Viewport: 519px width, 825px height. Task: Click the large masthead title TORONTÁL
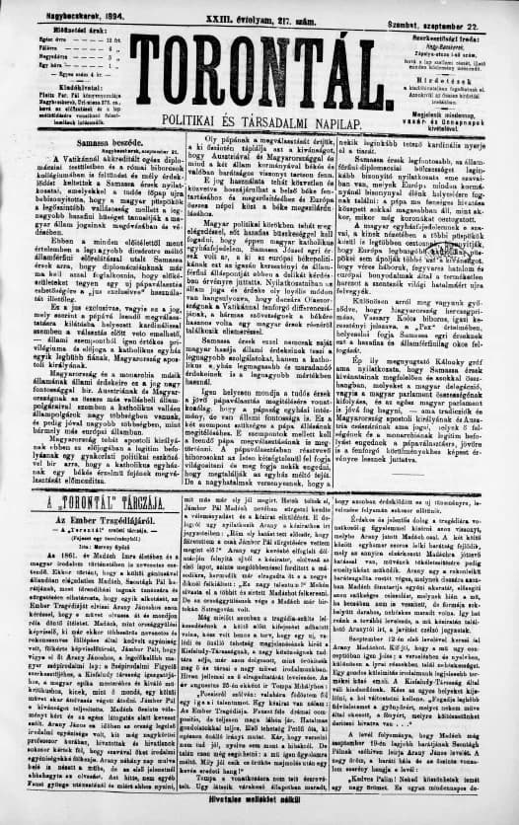259,71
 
